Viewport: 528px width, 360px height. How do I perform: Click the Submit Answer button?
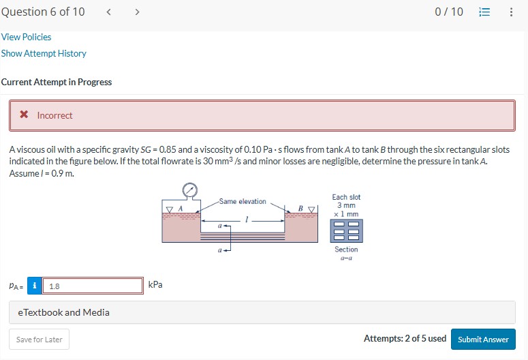482,339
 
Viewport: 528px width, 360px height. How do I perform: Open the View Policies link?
26,37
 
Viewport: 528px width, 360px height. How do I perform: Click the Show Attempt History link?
44,53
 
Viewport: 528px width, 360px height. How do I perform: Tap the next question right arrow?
137,12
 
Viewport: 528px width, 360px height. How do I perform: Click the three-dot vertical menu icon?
511,12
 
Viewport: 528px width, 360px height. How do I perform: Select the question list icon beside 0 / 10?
484,12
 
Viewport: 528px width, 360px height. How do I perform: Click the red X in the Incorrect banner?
24,115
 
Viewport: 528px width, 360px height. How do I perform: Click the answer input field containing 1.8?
92,286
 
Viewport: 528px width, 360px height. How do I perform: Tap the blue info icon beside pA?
34,286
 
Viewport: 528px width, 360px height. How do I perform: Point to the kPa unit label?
155,284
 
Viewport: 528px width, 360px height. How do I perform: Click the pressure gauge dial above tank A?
190,190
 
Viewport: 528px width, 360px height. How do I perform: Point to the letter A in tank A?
181,207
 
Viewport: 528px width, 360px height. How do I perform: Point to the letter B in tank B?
300,207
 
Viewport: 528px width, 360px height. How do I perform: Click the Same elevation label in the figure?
243,201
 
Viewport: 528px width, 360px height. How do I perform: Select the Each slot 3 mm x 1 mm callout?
346,205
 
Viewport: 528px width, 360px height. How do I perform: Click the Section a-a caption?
346,253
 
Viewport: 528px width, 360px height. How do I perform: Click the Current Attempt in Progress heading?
57,82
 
